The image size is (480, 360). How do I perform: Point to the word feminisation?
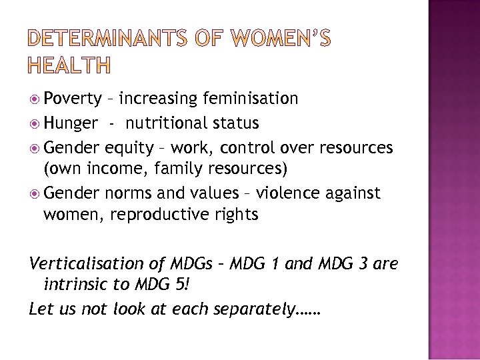(x=251, y=99)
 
